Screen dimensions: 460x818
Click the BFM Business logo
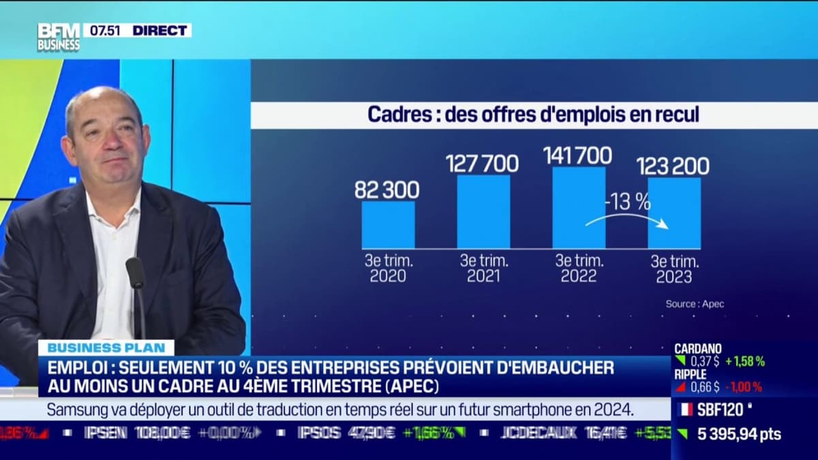[58, 37]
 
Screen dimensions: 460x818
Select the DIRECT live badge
[160, 30]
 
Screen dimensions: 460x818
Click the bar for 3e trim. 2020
[388, 224]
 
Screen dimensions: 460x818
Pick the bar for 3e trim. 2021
[483, 211]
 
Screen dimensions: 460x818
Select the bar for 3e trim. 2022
[578, 207]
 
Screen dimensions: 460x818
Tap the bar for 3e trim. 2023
[673, 213]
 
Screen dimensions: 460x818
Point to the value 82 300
[387, 190]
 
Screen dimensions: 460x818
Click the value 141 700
[577, 156]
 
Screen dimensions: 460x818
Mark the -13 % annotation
[627, 202]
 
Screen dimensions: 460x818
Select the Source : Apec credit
[695, 304]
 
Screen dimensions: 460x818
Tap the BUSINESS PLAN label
[106, 348]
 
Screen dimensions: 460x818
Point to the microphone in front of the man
[135, 273]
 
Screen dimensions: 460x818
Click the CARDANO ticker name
[698, 349]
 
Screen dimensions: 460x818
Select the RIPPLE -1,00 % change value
[744, 387]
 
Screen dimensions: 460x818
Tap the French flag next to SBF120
[686, 410]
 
